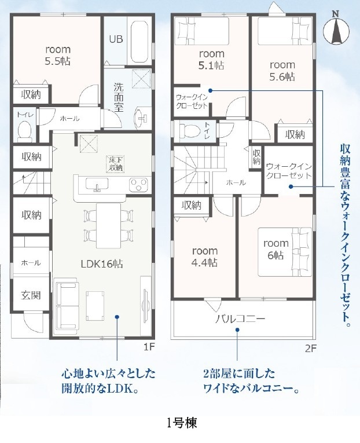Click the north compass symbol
coord(336,28)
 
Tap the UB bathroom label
coord(116,39)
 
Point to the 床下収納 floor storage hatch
coord(115,164)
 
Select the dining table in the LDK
coord(109,226)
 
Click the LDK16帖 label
coord(102,264)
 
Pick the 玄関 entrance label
coord(31,295)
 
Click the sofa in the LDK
coord(67,304)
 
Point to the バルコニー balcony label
coord(240,319)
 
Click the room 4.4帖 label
coord(205,257)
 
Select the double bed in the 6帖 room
coord(285,252)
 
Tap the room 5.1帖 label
coord(211,59)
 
